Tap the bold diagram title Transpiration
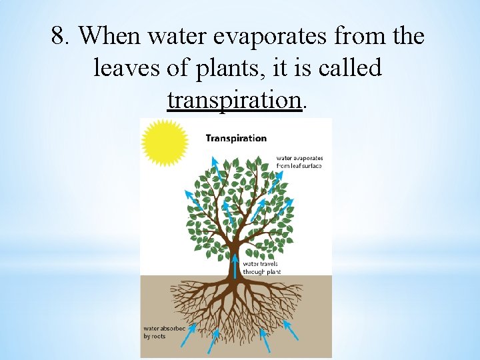pos(236,139)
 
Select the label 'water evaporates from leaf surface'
pos(299,161)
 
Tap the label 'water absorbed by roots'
pos(163,331)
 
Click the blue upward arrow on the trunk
pos(235,264)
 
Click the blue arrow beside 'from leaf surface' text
pos(273,179)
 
